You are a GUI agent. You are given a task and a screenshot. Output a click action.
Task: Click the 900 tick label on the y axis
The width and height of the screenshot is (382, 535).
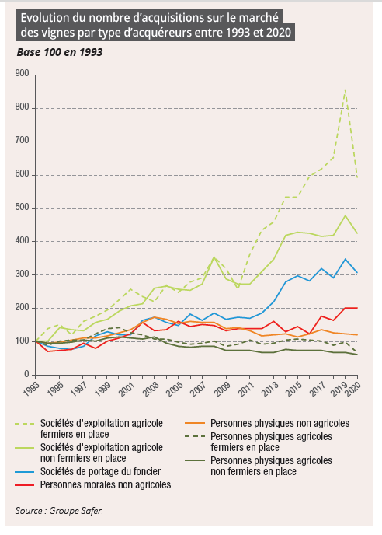tap(23, 74)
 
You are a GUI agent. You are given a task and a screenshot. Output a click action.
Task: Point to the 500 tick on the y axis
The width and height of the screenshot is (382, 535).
tap(23, 208)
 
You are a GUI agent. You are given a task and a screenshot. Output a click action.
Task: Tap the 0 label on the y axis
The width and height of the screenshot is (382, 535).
tap(26, 374)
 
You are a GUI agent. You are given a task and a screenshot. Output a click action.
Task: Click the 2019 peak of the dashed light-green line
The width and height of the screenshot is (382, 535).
tap(346, 89)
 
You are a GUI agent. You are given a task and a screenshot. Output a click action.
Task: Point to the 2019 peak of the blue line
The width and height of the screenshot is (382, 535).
tap(346, 259)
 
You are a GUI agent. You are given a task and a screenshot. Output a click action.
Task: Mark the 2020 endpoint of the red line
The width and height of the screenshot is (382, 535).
tap(357, 308)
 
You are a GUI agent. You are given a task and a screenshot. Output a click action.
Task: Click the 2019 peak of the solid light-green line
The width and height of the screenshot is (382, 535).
tap(346, 215)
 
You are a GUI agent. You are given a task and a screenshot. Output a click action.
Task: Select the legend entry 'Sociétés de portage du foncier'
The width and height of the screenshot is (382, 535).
tap(100, 471)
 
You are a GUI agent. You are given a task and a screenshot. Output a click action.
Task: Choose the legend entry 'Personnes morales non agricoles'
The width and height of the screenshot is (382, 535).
tap(106, 484)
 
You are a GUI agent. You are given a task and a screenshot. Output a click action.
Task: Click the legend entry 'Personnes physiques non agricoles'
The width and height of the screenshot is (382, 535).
tap(280, 423)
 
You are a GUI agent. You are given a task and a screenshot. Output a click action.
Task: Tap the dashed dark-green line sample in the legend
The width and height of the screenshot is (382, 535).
tap(195, 436)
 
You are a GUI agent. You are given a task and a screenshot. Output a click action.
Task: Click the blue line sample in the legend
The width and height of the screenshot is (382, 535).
tap(25, 472)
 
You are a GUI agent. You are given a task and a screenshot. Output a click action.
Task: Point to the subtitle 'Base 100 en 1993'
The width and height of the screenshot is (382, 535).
tap(60, 52)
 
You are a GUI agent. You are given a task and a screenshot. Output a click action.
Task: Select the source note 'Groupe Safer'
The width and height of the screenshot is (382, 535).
tap(75, 511)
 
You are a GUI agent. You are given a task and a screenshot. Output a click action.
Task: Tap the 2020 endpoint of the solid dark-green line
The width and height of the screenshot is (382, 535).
tap(357, 355)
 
